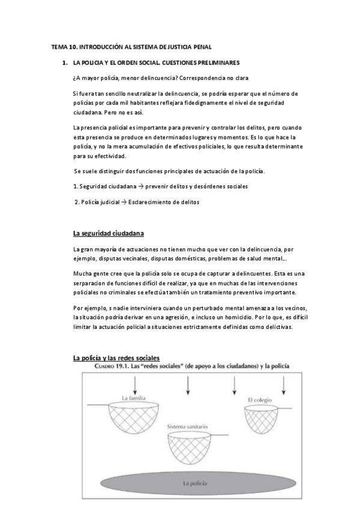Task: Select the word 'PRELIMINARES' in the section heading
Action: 216,62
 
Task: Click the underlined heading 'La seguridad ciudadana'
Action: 108,233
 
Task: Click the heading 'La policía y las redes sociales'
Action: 116,358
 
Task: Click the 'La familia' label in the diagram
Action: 133,398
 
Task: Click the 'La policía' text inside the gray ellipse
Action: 195,483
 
